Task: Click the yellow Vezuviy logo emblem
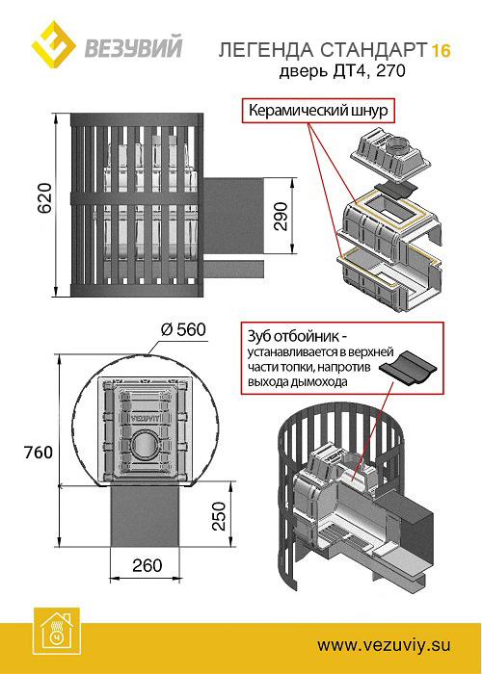click(53, 44)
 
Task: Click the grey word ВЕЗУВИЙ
click(133, 48)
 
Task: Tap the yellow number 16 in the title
click(441, 51)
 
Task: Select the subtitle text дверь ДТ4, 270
click(342, 71)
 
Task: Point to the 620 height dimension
click(44, 198)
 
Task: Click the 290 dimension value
click(281, 217)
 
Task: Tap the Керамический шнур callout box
click(318, 111)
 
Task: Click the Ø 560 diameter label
click(183, 329)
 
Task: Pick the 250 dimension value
click(220, 516)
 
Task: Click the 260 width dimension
click(147, 565)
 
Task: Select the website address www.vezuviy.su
click(384, 645)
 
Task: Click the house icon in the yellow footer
click(56, 632)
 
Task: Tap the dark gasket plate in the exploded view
click(396, 188)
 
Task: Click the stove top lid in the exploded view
click(391, 156)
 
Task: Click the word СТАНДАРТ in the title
click(374, 51)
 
